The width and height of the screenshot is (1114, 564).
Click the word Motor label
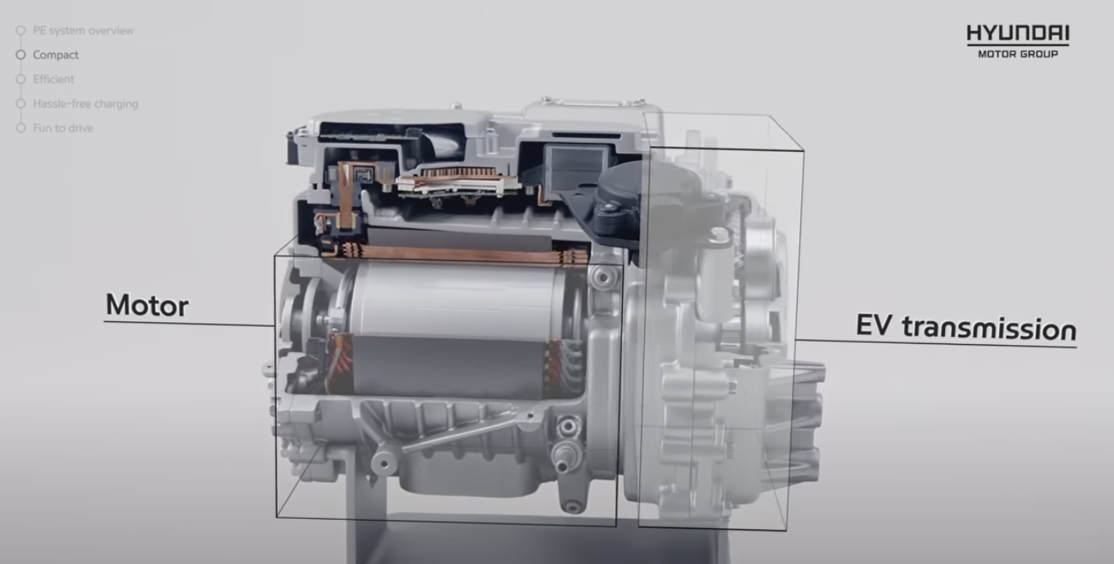tap(147, 305)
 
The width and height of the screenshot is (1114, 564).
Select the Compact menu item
tap(56, 55)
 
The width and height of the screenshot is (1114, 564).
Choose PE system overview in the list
tap(83, 30)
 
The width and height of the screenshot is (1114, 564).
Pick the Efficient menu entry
tap(53, 79)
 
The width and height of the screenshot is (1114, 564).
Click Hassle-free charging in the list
tap(86, 104)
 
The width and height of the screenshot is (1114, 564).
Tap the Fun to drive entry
tap(63, 128)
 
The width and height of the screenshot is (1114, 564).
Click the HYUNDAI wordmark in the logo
tap(1018, 34)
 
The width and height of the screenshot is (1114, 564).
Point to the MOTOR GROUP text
tap(1018, 54)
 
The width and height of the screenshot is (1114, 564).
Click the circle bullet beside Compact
tap(20, 55)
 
